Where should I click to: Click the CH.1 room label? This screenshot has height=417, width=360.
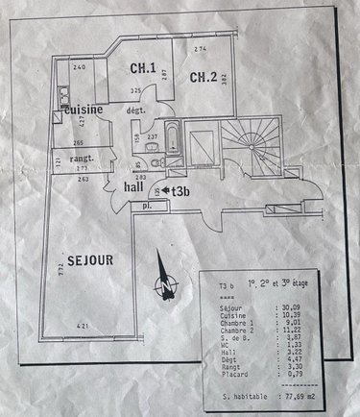pyautogui.click(x=144, y=67)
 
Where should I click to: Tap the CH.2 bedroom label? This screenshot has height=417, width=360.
pyautogui.click(x=203, y=78)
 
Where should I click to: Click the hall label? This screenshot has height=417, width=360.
pyautogui.click(x=134, y=188)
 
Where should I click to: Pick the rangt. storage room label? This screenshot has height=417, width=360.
pyautogui.click(x=87, y=157)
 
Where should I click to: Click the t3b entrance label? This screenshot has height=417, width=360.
pyautogui.click(x=182, y=191)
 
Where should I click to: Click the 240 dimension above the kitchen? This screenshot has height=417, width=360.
pyautogui.click(x=79, y=66)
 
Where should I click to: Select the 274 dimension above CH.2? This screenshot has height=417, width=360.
pyautogui.click(x=200, y=47)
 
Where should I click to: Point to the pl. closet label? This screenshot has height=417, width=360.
pyautogui.click(x=148, y=206)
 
